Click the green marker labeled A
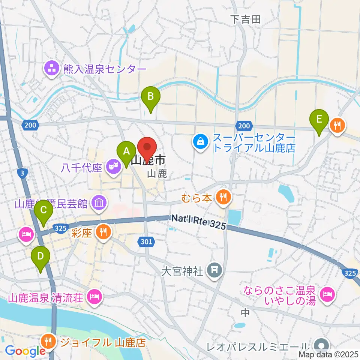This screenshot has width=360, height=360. pyautogui.click(x=126, y=152)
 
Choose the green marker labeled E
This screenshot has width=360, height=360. pyautogui.click(x=319, y=120)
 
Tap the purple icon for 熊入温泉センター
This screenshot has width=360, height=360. pyautogui.click(x=51, y=69)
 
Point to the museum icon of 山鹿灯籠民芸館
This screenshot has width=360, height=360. pyautogui.click(x=99, y=204)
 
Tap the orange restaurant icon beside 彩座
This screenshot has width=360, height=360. pyautogui.click(x=102, y=232)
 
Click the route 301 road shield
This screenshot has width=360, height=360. pyautogui.click(x=147, y=242)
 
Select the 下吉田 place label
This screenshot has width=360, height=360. pyautogui.click(x=245, y=19)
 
